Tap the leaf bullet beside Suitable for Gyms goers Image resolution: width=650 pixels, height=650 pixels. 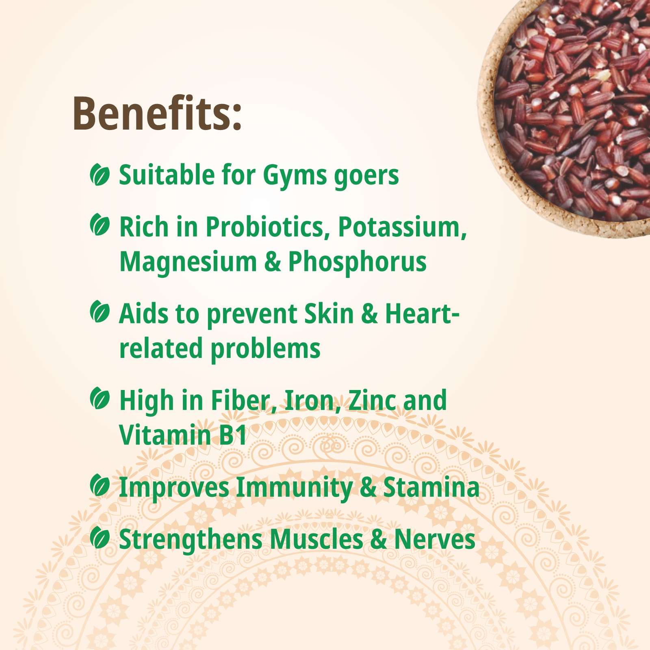coord(100,175)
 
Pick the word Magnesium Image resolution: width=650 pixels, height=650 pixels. coord(188,262)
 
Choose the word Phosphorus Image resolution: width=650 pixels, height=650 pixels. coord(357,262)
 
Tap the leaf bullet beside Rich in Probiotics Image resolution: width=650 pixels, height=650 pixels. coord(100,225)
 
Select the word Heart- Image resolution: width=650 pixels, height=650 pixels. coord(422,314)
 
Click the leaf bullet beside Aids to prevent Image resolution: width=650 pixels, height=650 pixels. coord(100,312)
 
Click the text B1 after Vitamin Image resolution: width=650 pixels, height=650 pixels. coord(232,435)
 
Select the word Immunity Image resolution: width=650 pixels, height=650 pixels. coord(294,488)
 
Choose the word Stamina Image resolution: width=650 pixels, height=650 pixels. coord(431,487)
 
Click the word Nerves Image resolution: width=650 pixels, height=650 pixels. coord(435,539)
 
